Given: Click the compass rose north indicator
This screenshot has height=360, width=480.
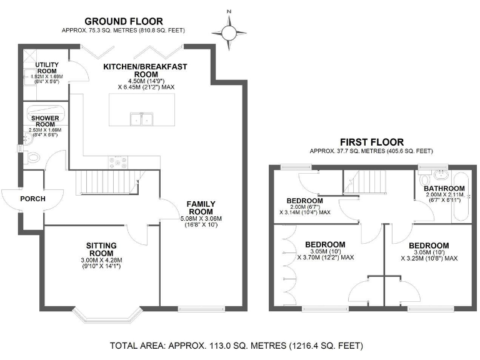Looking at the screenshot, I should (x=229, y=29).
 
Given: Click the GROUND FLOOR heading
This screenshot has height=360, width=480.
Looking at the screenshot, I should (x=123, y=21).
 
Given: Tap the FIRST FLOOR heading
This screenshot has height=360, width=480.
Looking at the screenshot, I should (x=371, y=142).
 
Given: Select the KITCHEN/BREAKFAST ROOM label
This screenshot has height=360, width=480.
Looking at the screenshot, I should (x=145, y=71).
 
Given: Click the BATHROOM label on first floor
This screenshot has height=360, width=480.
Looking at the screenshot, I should (x=444, y=189).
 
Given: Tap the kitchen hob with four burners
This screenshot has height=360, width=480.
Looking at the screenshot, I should (x=118, y=161).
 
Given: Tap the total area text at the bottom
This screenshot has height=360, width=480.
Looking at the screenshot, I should (x=236, y=345).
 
